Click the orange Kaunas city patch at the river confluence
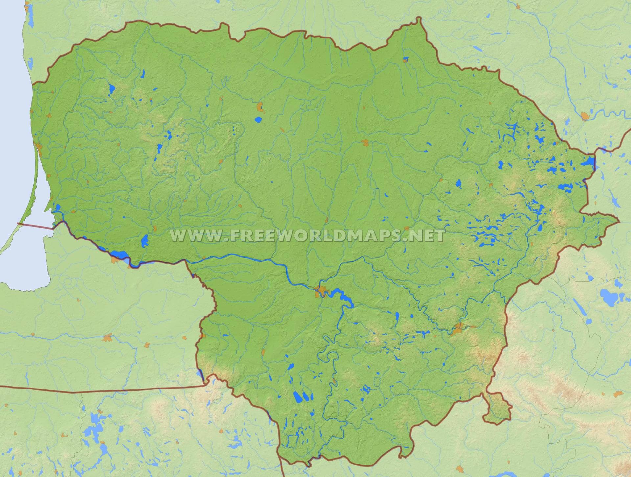coord(320,291)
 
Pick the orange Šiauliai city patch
coord(260,107)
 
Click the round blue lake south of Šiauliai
coord(259,120)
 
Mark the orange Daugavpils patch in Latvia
coord(585,116)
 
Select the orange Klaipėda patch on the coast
coord(39,147)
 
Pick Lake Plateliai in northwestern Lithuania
coord(112,88)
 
